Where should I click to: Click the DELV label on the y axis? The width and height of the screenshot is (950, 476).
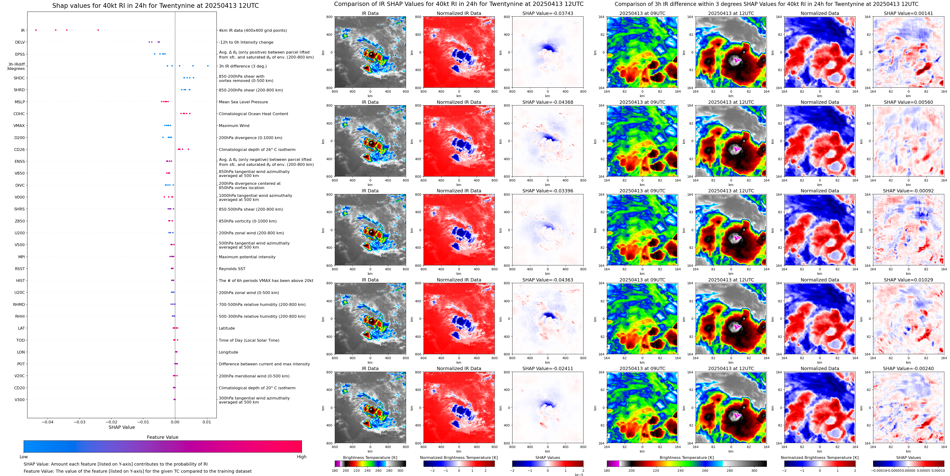click(x=20, y=42)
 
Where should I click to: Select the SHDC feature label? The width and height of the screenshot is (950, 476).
click(x=19, y=78)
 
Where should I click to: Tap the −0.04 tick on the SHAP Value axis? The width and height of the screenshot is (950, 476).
click(x=47, y=422)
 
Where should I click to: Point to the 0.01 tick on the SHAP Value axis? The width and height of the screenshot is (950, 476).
click(x=207, y=422)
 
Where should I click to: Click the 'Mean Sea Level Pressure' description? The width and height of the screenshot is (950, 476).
click(x=243, y=102)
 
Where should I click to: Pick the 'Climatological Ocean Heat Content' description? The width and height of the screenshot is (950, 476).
click(x=253, y=114)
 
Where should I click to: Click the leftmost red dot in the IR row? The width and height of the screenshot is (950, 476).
click(x=36, y=30)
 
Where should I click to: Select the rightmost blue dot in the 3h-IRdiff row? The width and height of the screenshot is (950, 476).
click(x=208, y=66)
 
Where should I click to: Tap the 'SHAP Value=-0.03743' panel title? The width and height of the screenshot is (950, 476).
click(x=548, y=13)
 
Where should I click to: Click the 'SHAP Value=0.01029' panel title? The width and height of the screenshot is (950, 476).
click(x=908, y=280)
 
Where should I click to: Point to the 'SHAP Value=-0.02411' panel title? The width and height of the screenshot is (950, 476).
click(x=548, y=368)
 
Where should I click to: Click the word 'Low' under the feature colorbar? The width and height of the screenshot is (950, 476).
click(x=24, y=457)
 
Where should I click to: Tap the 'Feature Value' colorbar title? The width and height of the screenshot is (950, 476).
click(x=163, y=437)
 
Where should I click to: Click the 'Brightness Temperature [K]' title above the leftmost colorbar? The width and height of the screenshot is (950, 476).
click(x=370, y=458)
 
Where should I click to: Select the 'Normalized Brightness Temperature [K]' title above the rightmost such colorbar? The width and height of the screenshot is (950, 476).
click(x=819, y=458)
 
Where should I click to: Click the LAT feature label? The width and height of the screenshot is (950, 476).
click(x=21, y=328)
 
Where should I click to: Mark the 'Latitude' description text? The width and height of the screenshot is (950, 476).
click(x=227, y=328)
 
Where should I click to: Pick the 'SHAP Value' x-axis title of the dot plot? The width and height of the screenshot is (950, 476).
click(x=122, y=427)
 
